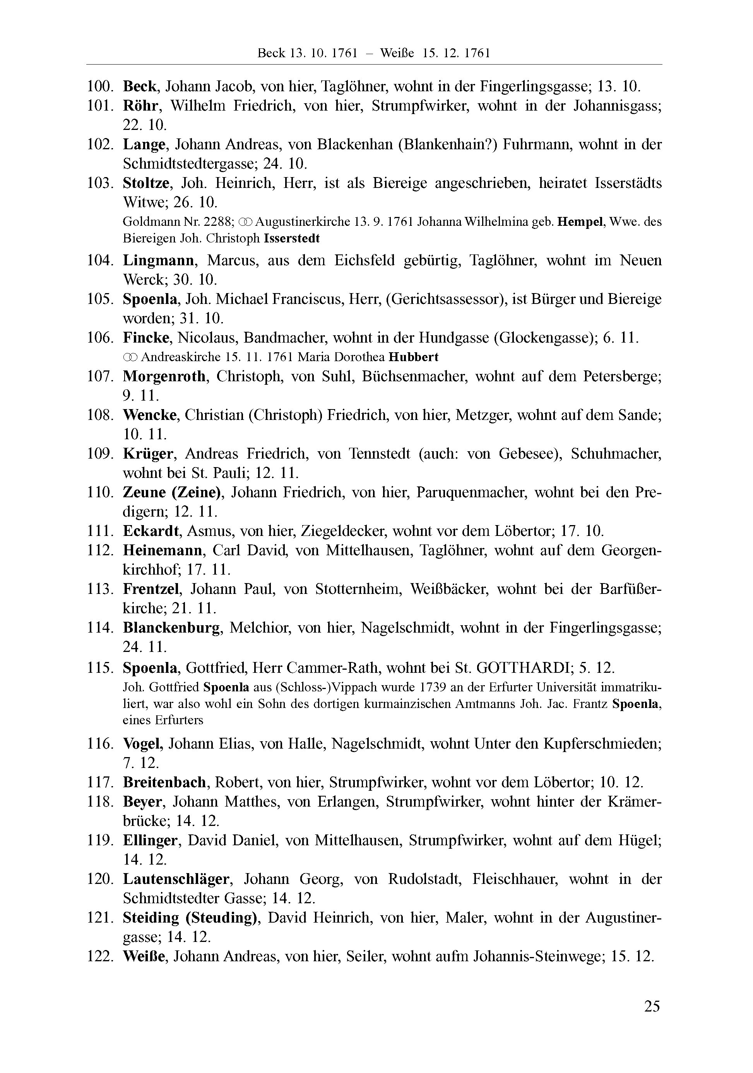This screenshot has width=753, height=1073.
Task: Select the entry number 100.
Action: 100,87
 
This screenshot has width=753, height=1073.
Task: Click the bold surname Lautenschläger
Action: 176,879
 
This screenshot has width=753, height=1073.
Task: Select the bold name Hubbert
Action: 413,357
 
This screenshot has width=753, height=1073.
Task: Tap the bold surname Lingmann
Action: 159,260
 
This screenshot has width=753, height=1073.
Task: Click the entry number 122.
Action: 100,957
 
